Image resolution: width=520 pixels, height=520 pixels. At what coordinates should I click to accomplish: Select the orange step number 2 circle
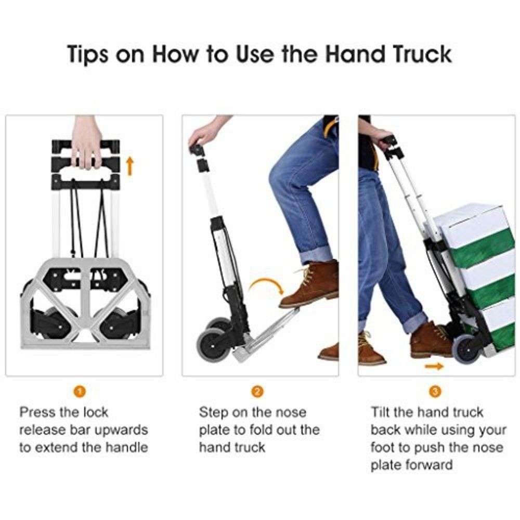coord(258,392)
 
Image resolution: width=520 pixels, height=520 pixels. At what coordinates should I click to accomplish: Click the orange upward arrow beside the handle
coord(130,166)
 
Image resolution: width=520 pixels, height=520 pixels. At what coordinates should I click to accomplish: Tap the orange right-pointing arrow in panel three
coord(433,367)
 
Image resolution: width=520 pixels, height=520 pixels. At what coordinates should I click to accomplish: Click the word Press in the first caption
coord(37,413)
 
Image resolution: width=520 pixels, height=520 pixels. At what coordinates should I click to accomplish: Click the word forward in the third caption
coord(425,464)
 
